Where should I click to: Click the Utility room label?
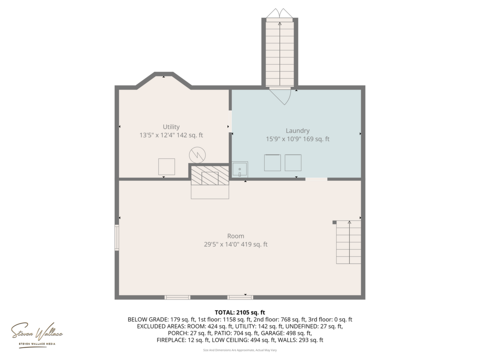[171, 127]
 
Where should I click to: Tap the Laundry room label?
[297, 131]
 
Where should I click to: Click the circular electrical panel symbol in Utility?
[197, 155]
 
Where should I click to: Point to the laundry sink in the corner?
[240, 169]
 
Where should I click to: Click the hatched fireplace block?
[210, 175]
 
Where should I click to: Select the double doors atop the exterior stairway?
[279, 13]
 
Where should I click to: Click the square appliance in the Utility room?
[166, 166]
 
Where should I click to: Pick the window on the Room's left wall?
[117, 238]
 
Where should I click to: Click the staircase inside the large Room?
[348, 242]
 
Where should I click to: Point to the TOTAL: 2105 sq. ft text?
[240, 312]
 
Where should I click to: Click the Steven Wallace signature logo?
[37, 331]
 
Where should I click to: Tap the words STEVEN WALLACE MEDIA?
[37, 344]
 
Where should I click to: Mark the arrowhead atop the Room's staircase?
[349, 222]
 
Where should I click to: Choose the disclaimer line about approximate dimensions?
[240, 350]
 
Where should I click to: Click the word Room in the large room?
[235, 236]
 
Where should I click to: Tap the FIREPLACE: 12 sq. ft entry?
[183, 340]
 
